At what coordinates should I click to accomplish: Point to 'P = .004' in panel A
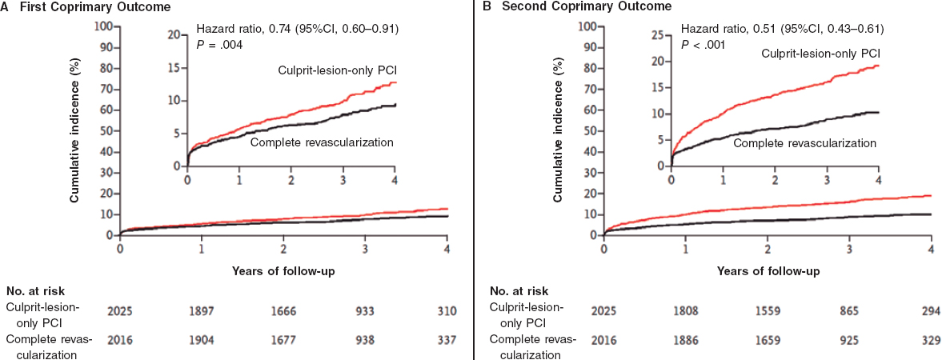pyautogui.click(x=220, y=45)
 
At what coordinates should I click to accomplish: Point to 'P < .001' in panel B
pyautogui.click(x=703, y=45)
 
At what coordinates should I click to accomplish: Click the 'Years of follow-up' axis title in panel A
pyautogui.click(x=283, y=271)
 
